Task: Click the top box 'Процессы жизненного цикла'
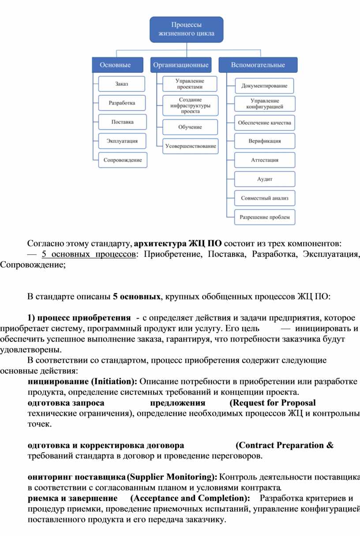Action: pos(187,29)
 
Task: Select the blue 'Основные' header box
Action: pos(115,65)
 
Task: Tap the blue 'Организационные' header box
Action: pos(180,65)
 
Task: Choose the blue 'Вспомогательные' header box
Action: pos(258,65)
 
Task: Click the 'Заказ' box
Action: pos(122,84)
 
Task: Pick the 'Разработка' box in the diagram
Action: pos(122,103)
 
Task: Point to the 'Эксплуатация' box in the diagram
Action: pos(122,141)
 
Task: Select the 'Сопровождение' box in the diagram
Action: pos(123,160)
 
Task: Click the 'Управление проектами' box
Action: pos(190,84)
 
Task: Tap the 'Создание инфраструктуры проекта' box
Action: pos(190,106)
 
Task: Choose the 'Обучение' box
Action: pos(190,127)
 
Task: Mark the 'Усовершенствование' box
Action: pos(190,146)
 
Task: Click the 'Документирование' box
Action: pos(264,86)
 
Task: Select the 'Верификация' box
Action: pos(264,141)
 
